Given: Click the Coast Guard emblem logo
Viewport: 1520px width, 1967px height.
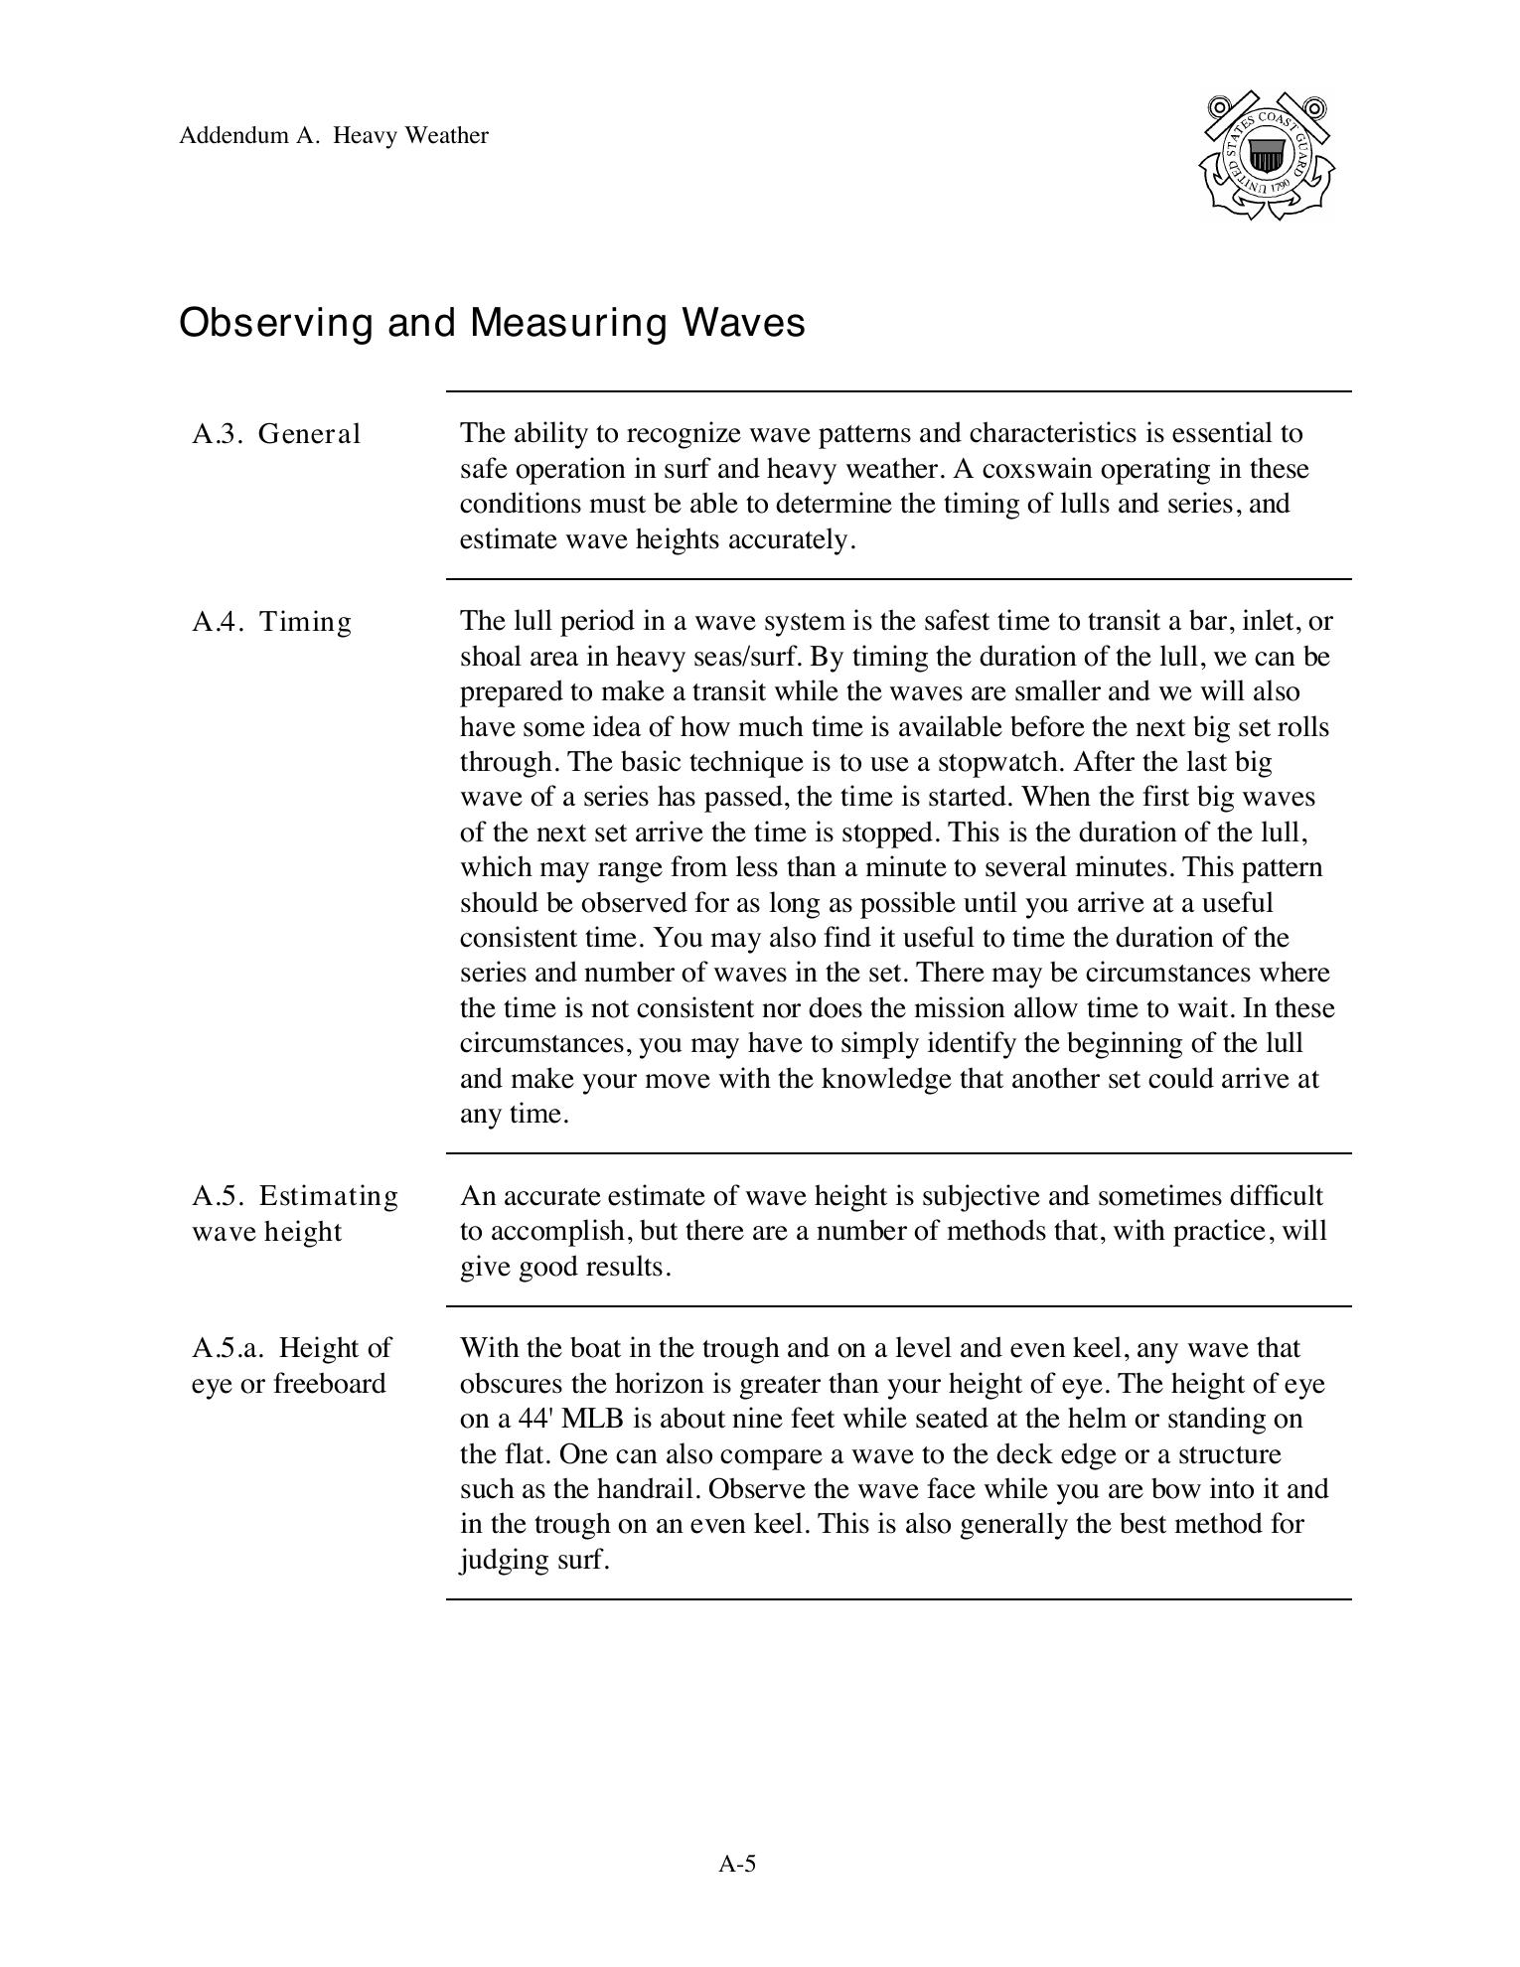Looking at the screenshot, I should tap(1266, 156).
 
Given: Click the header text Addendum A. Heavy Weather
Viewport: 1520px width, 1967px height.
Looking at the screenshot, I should tap(334, 136).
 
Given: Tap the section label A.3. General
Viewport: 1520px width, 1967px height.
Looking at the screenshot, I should tap(276, 434).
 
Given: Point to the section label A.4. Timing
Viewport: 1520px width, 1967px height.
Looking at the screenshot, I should tap(272, 622).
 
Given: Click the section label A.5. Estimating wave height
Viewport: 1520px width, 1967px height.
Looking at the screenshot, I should tap(294, 1213).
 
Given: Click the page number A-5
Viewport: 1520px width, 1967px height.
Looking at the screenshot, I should tap(737, 1864).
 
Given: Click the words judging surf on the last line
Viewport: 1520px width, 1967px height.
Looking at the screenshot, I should tap(532, 1560).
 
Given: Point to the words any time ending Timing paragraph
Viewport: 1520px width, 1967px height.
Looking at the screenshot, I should tap(513, 1114).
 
